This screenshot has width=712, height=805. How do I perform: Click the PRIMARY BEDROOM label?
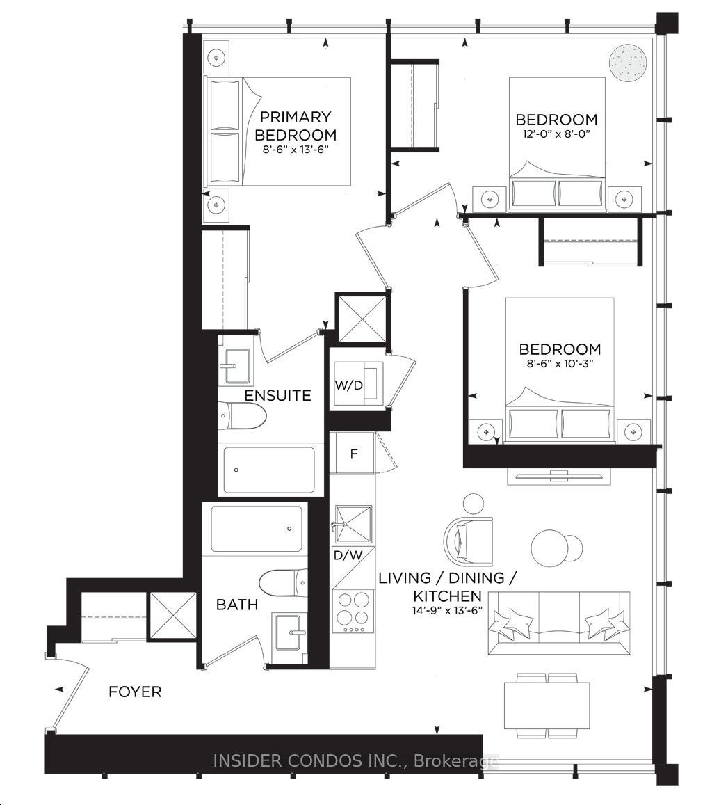click(x=296, y=126)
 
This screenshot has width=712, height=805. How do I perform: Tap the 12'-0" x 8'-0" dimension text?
click(x=556, y=134)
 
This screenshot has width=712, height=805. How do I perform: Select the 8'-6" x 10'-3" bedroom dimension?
click(x=560, y=363)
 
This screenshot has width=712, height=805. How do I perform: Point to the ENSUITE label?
click(x=277, y=395)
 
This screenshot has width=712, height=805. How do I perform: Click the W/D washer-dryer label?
click(x=349, y=385)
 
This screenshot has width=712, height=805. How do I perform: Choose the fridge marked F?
click(x=353, y=454)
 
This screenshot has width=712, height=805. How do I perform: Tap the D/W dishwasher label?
click(x=348, y=555)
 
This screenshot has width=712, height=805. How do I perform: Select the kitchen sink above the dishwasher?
click(x=353, y=524)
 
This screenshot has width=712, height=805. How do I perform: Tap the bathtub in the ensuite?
click(x=270, y=470)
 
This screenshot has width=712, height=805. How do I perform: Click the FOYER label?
click(x=135, y=692)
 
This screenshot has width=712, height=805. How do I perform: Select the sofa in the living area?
click(x=558, y=623)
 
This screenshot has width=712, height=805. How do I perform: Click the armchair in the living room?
click(x=469, y=539)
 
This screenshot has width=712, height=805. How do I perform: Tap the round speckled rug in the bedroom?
click(x=627, y=63)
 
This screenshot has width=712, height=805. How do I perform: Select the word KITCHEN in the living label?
click(x=448, y=596)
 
